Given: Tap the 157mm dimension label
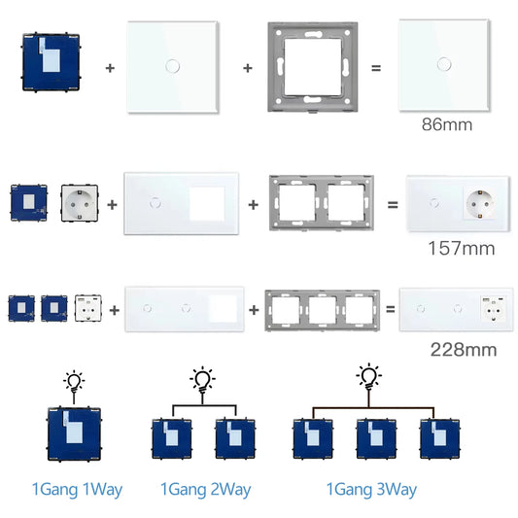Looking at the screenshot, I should pyautogui.click(x=462, y=248).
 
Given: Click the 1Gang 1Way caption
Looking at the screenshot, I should pyautogui.click(x=76, y=489).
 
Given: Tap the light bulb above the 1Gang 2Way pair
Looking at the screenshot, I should pyautogui.click(x=201, y=377).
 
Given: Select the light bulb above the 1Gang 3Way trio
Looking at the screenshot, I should pyautogui.click(x=368, y=376).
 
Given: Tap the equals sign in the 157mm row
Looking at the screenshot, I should pyautogui.click(x=392, y=206).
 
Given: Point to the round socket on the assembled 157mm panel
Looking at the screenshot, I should pyautogui.click(x=481, y=205).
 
